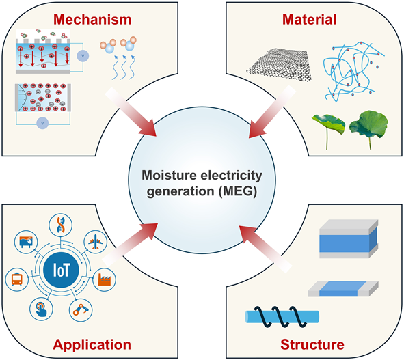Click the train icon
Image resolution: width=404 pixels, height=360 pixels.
tap(16, 278)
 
